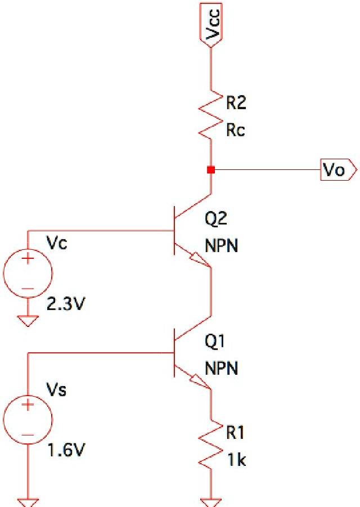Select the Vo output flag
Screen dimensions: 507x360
[x=337, y=169]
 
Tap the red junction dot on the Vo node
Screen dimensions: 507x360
[x=211, y=169]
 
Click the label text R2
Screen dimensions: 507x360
[x=236, y=103]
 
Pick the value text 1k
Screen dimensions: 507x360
[x=236, y=460]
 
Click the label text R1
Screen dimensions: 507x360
[x=236, y=433]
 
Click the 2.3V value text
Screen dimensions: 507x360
[x=65, y=305]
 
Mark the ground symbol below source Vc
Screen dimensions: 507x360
[x=28, y=321]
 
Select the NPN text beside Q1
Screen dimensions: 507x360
[x=221, y=369]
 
